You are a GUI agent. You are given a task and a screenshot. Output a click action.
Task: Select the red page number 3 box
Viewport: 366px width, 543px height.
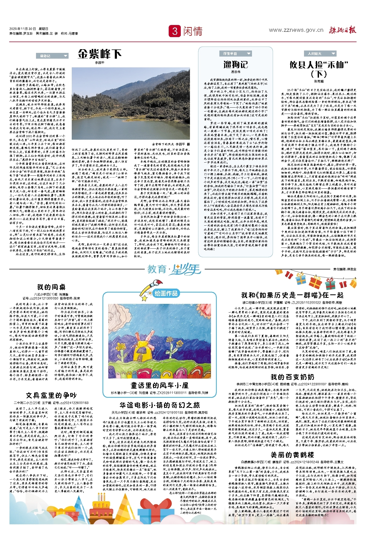[x=175, y=31]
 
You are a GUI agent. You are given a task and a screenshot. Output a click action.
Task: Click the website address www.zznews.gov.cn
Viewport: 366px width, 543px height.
[x=296, y=30]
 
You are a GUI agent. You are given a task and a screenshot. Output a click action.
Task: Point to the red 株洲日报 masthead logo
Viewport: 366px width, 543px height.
[x=343, y=30]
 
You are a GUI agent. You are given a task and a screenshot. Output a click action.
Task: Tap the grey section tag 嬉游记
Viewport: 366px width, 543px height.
[x=52, y=56]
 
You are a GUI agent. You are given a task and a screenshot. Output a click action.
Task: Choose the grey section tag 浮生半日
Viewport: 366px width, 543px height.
[x=235, y=54]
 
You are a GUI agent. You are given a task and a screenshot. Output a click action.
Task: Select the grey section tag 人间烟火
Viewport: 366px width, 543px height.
[x=320, y=54]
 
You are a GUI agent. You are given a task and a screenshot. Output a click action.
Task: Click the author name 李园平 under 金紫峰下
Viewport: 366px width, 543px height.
[x=100, y=63]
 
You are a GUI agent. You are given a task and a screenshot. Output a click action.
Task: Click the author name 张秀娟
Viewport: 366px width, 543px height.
[x=319, y=81]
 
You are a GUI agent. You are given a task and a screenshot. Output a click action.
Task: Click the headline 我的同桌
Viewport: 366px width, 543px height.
[x=51, y=287]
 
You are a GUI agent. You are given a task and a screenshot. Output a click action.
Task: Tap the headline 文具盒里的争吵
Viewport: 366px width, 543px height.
[x=51, y=395]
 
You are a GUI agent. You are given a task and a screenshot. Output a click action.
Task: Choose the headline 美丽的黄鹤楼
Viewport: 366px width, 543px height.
[x=292, y=455]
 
